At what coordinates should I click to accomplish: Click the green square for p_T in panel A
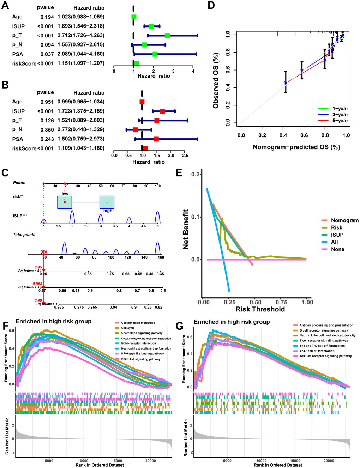[167, 35]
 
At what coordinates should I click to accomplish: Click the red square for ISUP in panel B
[162, 111]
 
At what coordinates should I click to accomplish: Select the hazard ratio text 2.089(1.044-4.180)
[81, 54]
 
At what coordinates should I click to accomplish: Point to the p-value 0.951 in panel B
[47, 102]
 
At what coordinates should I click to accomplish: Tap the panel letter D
[211, 6]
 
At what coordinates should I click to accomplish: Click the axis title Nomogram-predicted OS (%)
[296, 147]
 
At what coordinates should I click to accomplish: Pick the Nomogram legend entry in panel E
[344, 220]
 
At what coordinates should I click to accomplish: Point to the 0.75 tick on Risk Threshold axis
[281, 302]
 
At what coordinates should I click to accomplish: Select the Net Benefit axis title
[186, 229]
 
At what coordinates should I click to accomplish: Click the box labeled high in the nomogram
[107, 202]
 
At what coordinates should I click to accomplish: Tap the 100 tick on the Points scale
[158, 186]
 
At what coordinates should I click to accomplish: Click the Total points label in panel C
[24, 235]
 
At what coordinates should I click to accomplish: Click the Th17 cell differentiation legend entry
[317, 351]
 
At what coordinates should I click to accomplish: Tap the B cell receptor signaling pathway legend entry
[324, 330]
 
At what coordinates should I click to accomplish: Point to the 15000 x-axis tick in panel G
[295, 461]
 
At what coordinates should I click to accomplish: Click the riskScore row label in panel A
[24, 63]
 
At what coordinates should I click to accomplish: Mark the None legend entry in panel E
[337, 249]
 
